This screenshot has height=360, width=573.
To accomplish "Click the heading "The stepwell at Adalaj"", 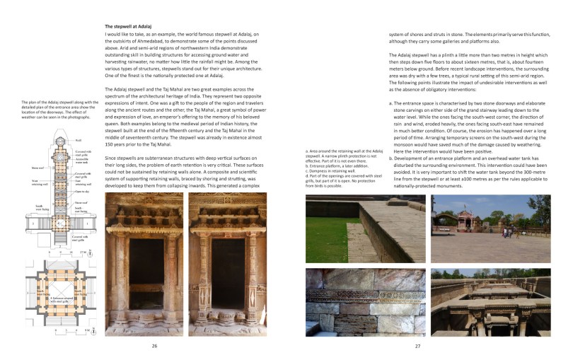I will [x=132, y=25].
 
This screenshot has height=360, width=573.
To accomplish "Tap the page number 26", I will [x=154, y=345].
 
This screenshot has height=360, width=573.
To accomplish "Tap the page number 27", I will [x=418, y=345].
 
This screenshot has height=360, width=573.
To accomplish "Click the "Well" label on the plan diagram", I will [x=77, y=140].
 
